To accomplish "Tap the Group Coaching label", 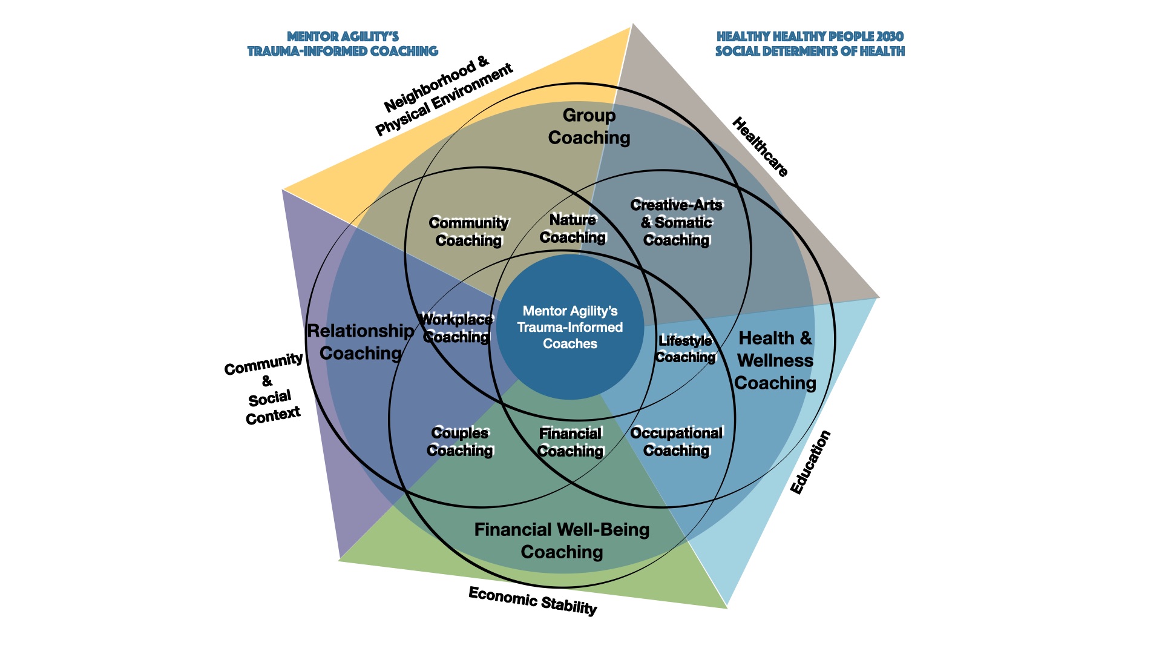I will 589,127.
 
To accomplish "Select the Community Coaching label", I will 468,231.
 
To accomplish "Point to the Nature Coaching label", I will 573,228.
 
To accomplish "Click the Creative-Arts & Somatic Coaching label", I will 676,222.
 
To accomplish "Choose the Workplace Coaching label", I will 456,328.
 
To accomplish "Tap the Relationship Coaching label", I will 361,342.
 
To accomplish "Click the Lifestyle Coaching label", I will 685,349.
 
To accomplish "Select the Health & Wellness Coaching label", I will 775,360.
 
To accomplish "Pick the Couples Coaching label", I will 460,441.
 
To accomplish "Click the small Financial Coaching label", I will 570,442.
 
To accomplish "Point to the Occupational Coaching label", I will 676,441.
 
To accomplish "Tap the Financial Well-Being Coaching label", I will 562,541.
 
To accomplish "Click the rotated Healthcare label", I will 760,147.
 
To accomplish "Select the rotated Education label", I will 810,462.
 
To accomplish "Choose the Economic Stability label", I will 533,601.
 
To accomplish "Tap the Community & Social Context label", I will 267,389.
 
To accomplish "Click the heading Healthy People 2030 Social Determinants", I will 810,44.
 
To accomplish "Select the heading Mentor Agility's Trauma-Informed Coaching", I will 343,44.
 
